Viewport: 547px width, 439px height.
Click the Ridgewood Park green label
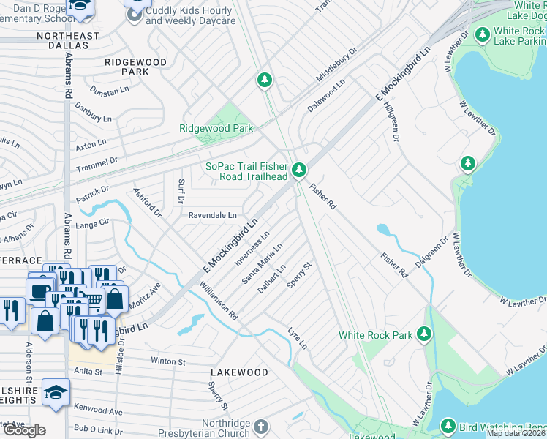(216, 128)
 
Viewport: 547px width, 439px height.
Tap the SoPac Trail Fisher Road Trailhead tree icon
(298, 170)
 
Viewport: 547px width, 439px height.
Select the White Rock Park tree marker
(423, 334)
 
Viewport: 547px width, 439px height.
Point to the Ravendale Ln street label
(213, 216)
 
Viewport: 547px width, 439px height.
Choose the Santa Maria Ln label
(262, 266)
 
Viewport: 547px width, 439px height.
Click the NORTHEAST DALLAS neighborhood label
(67, 40)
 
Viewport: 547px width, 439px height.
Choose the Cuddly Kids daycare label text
(190, 16)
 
